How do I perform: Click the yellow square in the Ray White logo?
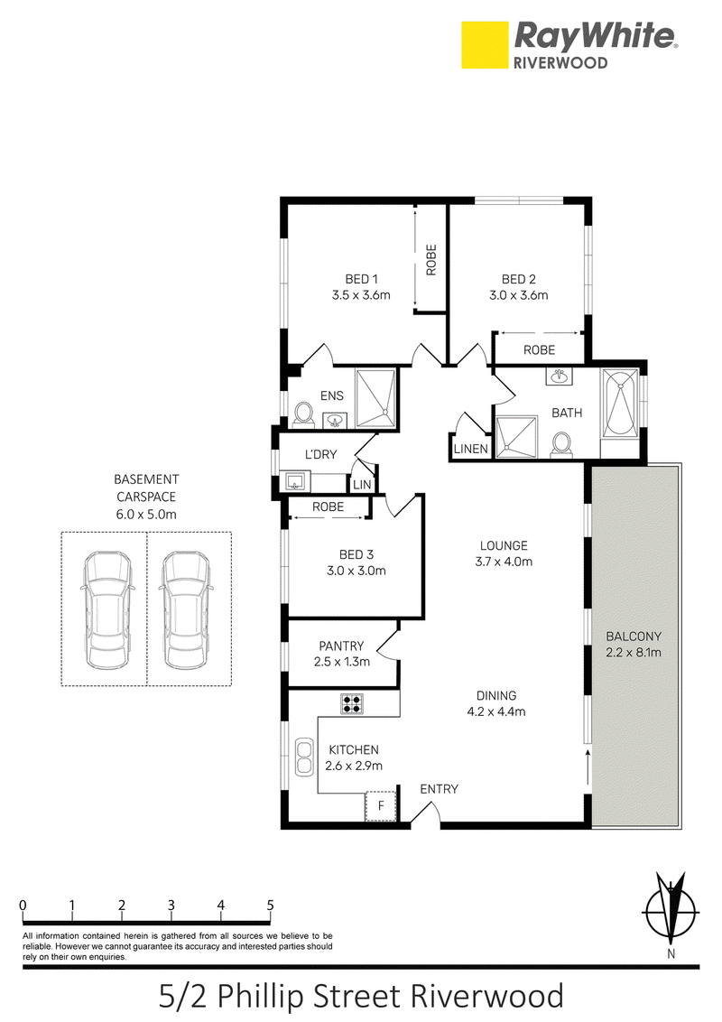[485, 45]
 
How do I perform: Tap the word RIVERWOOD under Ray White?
[560, 62]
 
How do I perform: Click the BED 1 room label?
[361, 279]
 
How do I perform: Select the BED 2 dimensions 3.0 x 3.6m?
[519, 295]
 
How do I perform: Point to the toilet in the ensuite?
[302, 413]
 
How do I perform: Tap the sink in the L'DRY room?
[296, 483]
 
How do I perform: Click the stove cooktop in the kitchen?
[352, 703]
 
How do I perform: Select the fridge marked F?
[381, 806]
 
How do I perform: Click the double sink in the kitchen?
[303, 756]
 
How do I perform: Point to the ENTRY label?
[439, 789]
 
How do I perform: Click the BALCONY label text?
[634, 636]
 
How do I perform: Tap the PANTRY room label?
[341, 646]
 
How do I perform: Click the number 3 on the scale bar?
[171, 906]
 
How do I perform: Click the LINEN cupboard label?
[470, 449]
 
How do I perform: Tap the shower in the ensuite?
[376, 398]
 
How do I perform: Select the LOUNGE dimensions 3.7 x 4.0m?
[504, 562]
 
